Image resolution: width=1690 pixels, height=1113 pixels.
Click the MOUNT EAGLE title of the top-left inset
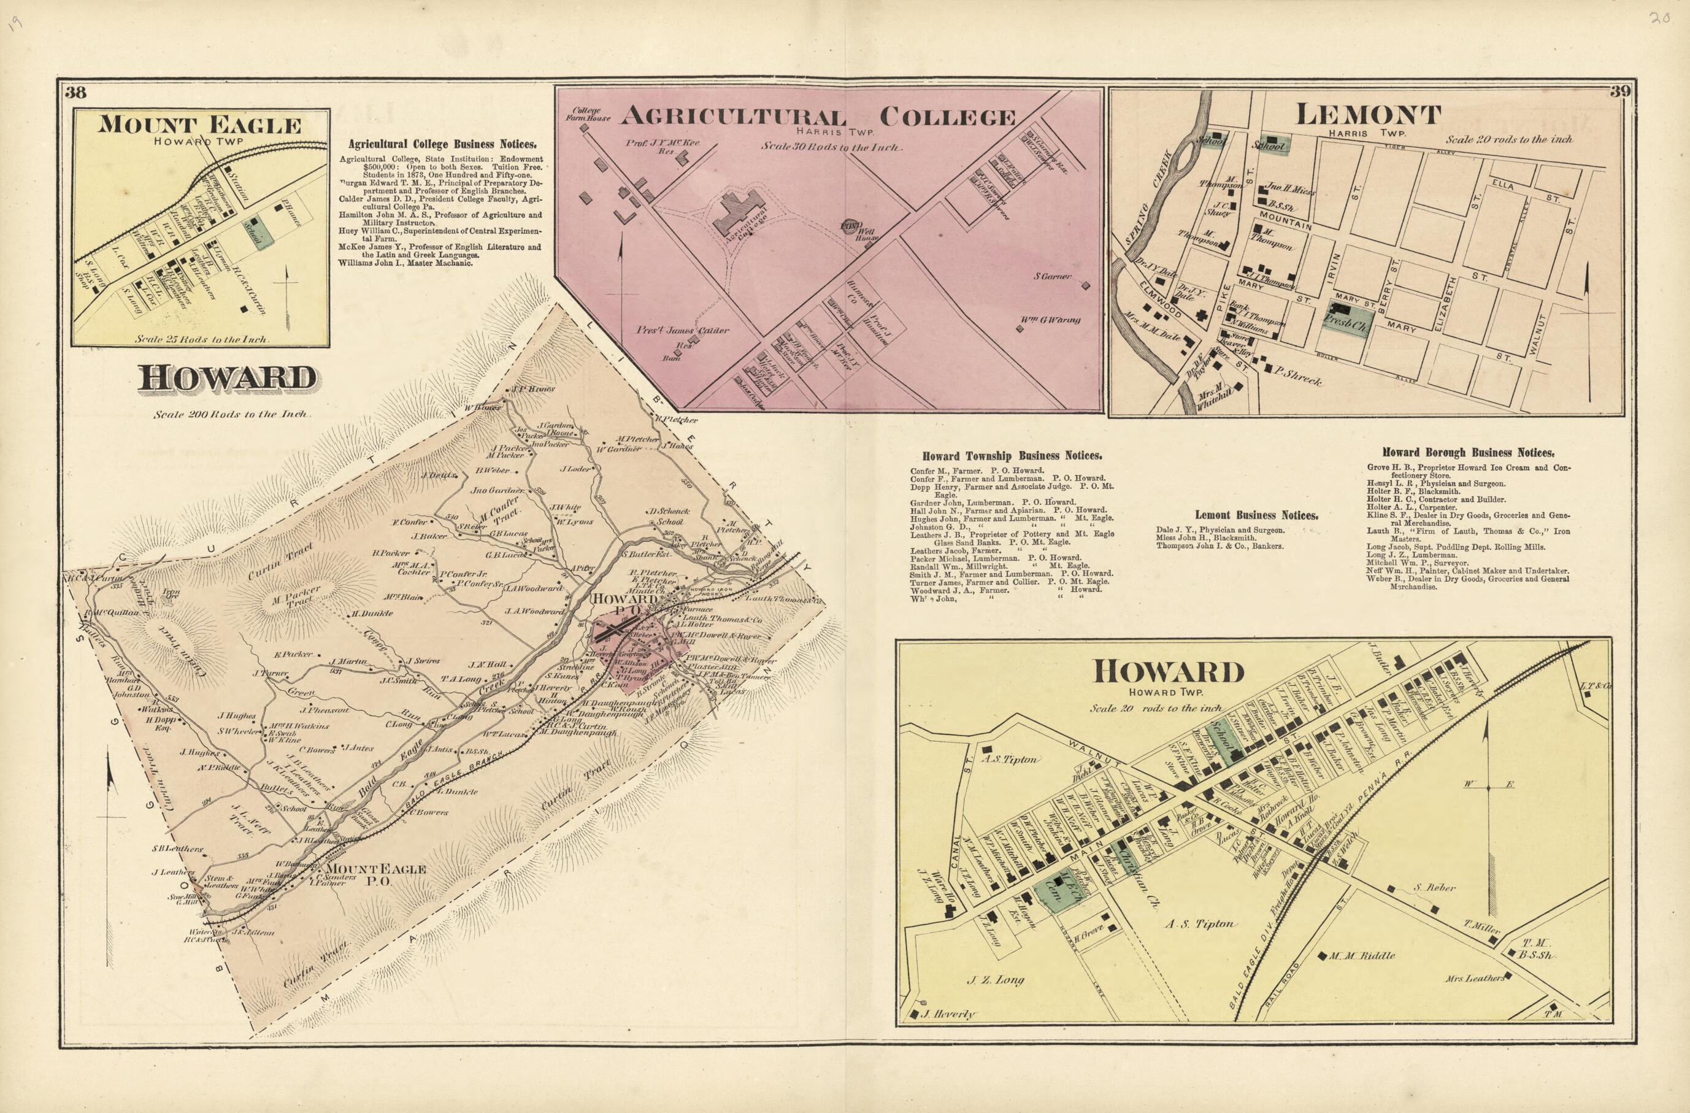pos(199,126)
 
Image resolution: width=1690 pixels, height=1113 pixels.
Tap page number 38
pos(75,91)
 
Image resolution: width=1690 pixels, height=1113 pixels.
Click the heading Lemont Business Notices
pos(1256,515)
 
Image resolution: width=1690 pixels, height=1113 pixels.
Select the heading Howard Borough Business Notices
pos(1468,452)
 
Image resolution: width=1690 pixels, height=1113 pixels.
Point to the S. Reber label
pos(1434,887)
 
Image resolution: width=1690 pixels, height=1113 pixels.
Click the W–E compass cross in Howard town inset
pos(1488,785)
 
